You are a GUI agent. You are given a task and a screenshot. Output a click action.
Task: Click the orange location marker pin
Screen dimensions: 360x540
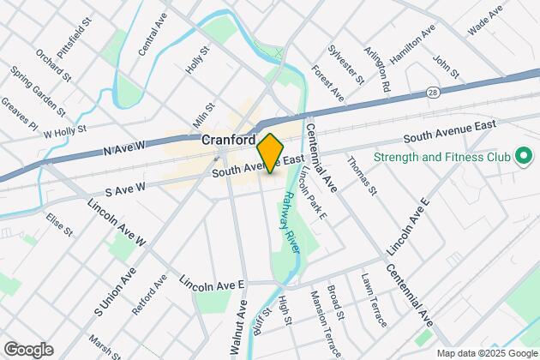point(270,153)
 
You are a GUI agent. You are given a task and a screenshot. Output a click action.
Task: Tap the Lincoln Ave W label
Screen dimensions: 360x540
point(117,225)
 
